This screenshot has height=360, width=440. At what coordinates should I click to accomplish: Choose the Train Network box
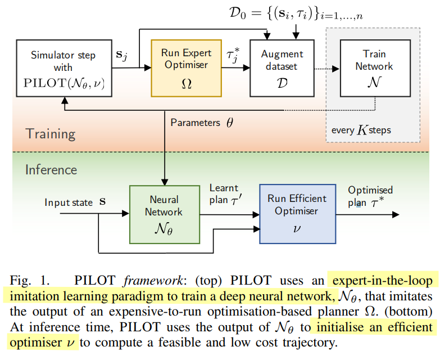click(374, 66)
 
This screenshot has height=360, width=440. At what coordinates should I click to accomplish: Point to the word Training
click(51, 133)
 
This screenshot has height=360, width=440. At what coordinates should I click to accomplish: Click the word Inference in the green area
click(51, 169)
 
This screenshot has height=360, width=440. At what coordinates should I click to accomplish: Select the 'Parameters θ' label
click(201, 122)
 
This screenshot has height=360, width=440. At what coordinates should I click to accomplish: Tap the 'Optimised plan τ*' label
click(370, 196)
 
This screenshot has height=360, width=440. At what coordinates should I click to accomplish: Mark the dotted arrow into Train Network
click(320, 69)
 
